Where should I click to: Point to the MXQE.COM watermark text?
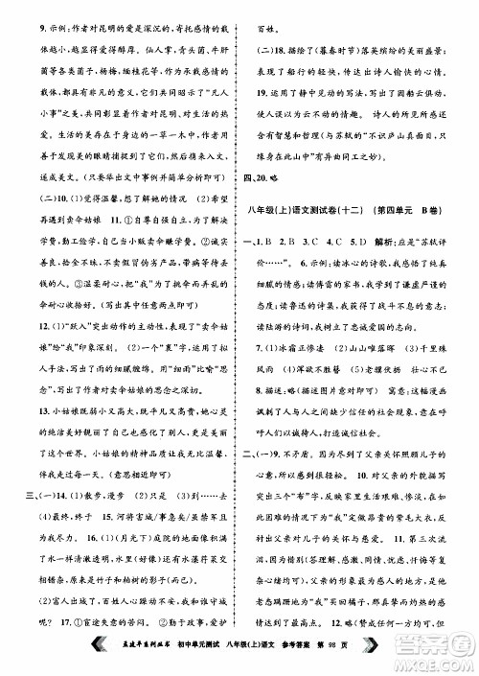pyautogui.click(x=440, y=664)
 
